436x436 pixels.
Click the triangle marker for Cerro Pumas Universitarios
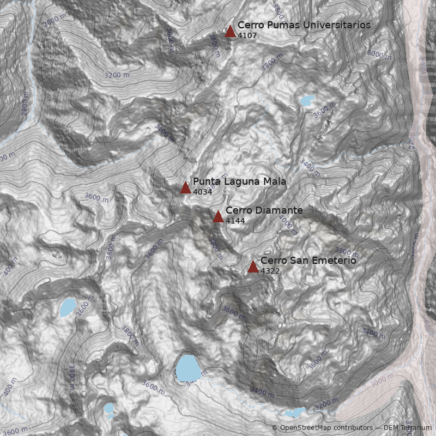(230, 31)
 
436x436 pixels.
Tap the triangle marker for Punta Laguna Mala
(185, 188)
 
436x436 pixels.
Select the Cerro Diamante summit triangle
(218, 216)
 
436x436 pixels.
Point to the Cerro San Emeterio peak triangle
(253, 267)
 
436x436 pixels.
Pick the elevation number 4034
(202, 192)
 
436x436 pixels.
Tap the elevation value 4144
(235, 221)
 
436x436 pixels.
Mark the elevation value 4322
(270, 271)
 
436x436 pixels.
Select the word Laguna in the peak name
(238, 182)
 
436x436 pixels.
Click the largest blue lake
(187, 368)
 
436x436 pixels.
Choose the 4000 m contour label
(288, 223)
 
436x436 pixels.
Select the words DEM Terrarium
(407, 428)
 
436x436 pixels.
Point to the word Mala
(275, 182)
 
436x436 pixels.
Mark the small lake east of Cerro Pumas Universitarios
(306, 101)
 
